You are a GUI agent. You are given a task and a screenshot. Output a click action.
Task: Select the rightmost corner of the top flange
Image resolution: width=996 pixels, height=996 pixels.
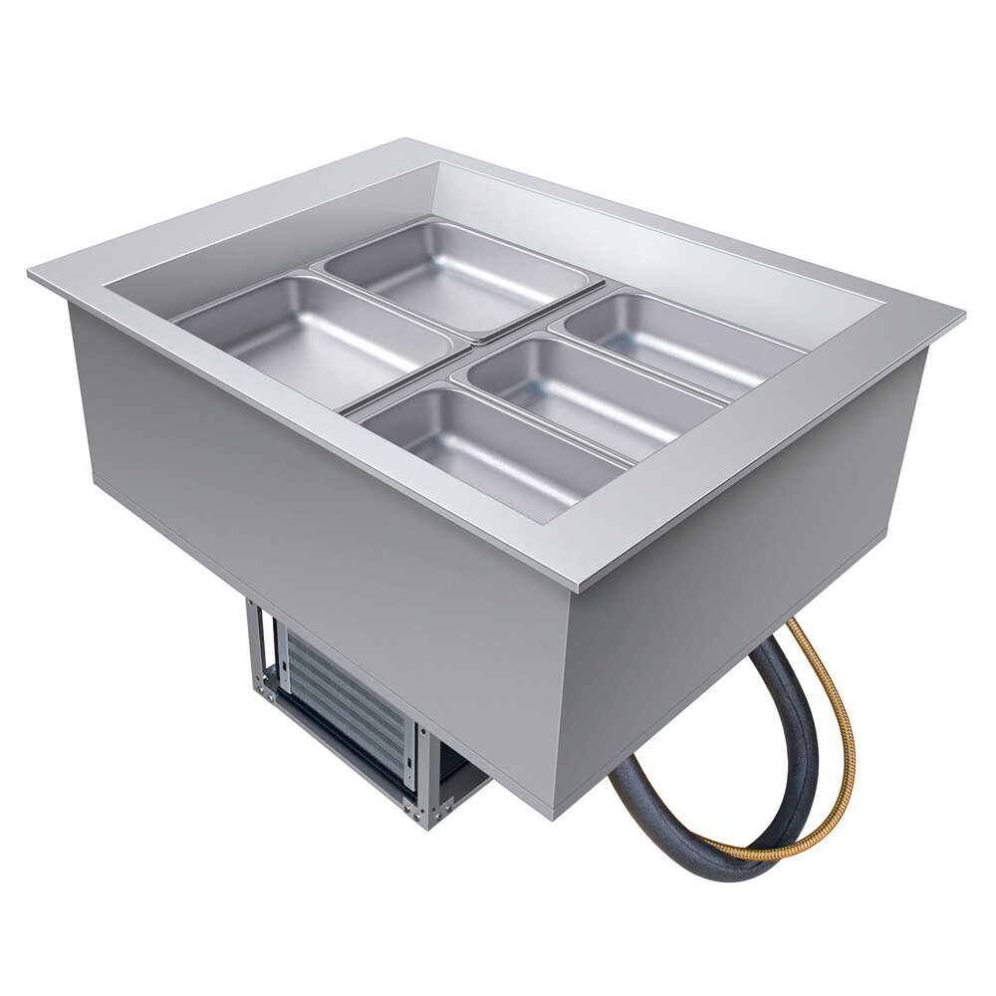pos(961,317)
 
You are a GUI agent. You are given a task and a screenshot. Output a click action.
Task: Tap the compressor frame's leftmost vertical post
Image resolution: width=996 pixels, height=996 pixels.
pos(255,647)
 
